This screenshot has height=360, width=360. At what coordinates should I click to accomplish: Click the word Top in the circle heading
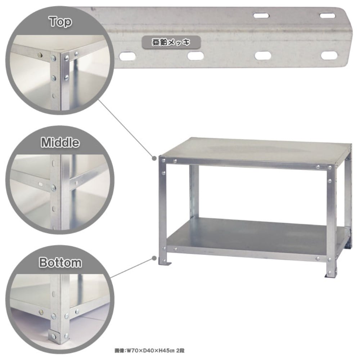[60, 22]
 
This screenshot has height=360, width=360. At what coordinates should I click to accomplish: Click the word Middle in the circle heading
[60, 142]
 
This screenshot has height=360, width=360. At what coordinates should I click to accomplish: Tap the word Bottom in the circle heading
[60, 262]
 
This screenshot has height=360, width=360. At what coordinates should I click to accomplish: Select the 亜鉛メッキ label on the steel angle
[171, 42]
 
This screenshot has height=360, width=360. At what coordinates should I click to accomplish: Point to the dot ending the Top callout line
[154, 158]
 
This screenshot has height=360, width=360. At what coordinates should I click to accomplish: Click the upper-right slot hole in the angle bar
[328, 16]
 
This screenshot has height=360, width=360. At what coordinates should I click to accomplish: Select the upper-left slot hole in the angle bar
[261, 16]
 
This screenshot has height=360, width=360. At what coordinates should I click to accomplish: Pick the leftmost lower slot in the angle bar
[128, 56]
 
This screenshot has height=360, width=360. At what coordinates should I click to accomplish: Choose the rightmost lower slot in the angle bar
[329, 55]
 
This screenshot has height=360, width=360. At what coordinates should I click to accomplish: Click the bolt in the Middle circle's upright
[54, 188]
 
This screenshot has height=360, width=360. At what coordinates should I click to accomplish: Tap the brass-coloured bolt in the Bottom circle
[41, 312]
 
